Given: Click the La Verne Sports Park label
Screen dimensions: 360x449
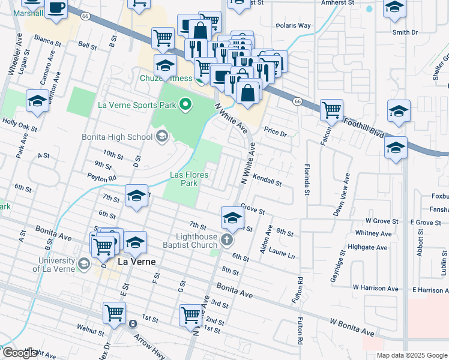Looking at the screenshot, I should [x=137, y=106].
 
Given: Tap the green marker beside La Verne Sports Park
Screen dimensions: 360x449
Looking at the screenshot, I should [x=185, y=106].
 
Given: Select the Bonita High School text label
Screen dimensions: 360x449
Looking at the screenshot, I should [x=117, y=137].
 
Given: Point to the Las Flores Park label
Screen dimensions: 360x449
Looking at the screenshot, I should [x=189, y=178].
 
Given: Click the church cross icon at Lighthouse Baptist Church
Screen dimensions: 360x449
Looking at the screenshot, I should [x=226, y=241].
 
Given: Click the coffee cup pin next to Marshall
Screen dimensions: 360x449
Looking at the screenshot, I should [x=56, y=8].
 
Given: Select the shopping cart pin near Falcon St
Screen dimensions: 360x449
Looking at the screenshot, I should [x=331, y=110].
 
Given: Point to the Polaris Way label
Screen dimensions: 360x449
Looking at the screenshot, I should [x=294, y=26].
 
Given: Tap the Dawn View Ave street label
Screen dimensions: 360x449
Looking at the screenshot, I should [x=341, y=196].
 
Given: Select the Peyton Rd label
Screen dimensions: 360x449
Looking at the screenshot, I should [x=100, y=178].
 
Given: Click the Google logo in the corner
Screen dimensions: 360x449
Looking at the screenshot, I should [x=20, y=353].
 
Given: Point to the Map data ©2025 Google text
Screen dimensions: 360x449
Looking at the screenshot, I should [x=411, y=355].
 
